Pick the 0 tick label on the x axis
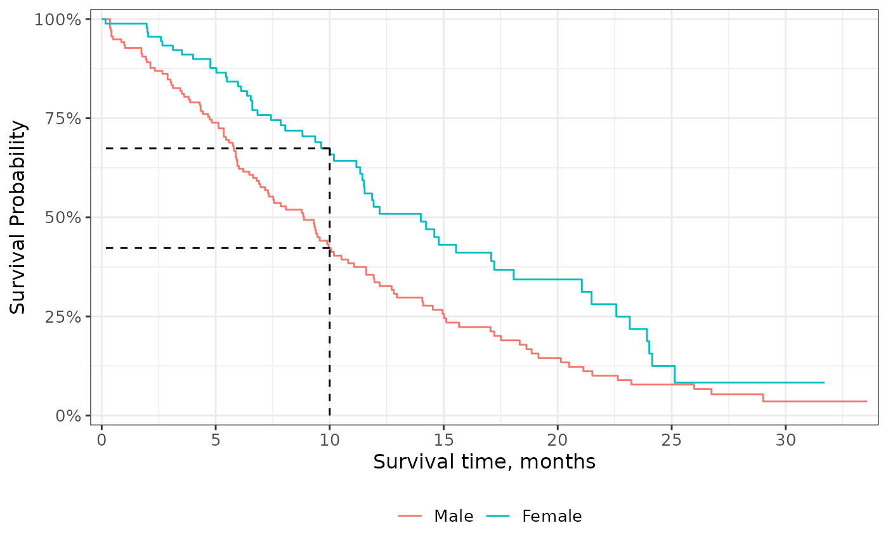[x=101, y=439]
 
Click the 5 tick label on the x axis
[x=216, y=439]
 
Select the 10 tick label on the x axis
[x=329, y=439]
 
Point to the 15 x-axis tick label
[x=443, y=439]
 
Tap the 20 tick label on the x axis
[x=557, y=439]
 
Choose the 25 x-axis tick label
[x=671, y=439]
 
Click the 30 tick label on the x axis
[x=785, y=439]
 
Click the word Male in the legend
[x=454, y=517]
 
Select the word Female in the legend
[x=552, y=517]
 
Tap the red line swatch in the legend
[x=411, y=517]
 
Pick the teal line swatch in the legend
[x=499, y=517]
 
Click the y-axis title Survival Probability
[x=19, y=217]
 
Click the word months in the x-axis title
[x=558, y=462]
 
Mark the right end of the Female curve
[x=823, y=382]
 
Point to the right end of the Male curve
[x=866, y=401]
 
